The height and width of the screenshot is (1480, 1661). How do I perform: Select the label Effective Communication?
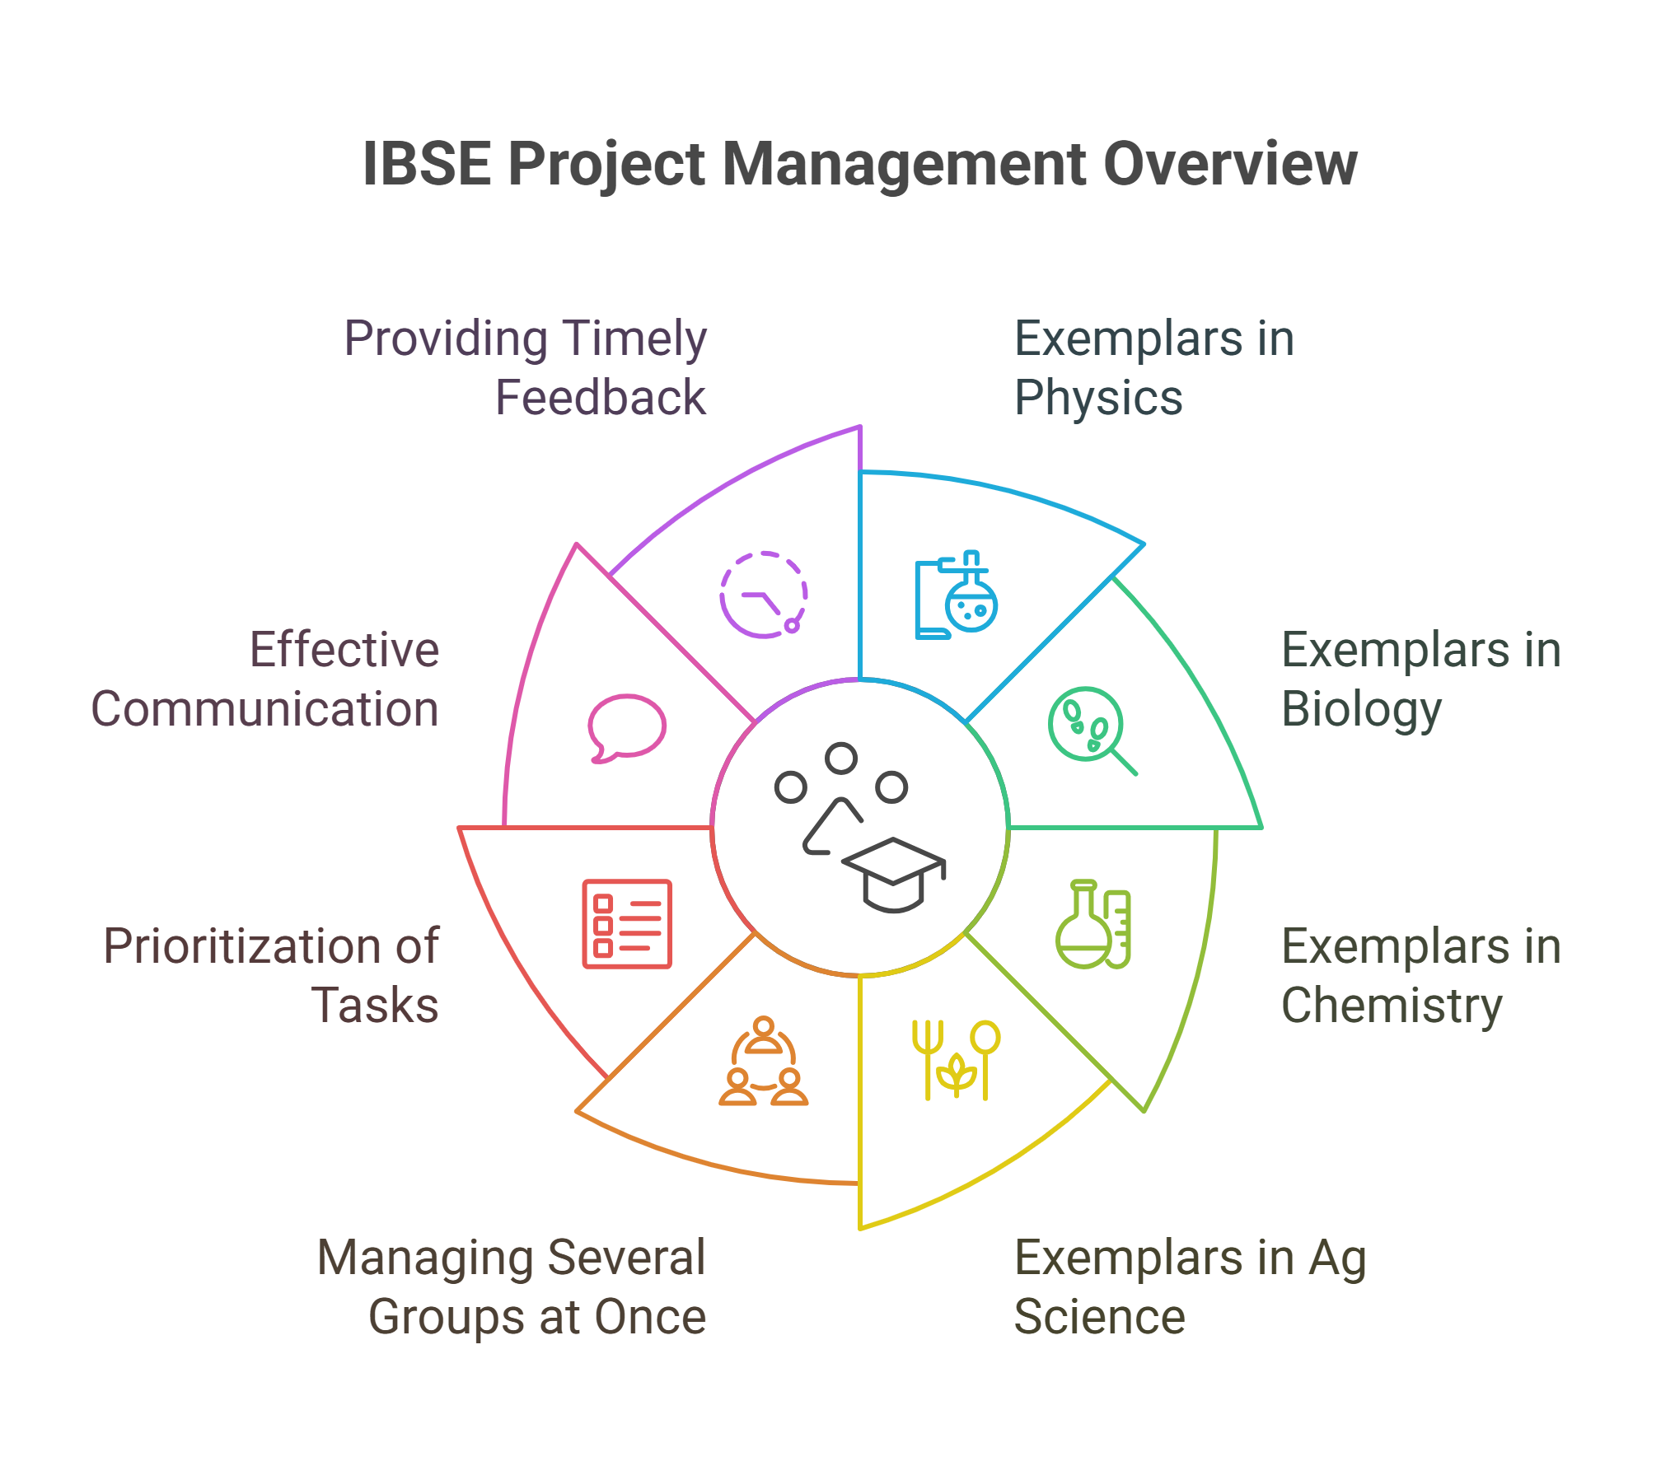point(264,682)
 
